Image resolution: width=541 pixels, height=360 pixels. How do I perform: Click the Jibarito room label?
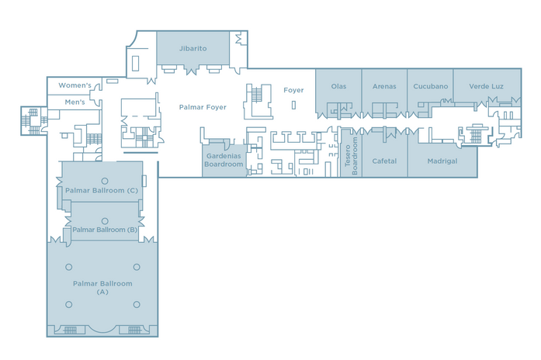coord(192,49)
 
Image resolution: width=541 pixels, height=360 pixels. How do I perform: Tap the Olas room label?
coord(338,86)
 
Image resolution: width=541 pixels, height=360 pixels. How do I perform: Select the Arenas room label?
coord(384,86)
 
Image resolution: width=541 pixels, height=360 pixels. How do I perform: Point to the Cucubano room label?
coord(431,86)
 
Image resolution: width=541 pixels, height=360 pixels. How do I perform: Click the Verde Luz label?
coord(486,86)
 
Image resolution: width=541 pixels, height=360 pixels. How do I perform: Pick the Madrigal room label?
coord(442,161)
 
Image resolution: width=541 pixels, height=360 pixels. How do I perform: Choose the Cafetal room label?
coord(384,161)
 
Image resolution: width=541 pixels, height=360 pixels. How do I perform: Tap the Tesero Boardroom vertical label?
coord(351,156)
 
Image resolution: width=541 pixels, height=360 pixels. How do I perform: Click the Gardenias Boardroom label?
coord(224,160)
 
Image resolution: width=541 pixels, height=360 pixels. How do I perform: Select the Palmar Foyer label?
coord(203,107)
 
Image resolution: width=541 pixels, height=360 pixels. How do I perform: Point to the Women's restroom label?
coord(75,85)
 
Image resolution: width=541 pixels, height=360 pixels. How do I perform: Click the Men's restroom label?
coord(75,102)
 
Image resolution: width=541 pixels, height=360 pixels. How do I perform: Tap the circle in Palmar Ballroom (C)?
coord(105,181)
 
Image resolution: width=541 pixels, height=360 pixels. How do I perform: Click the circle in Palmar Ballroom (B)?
coord(105,220)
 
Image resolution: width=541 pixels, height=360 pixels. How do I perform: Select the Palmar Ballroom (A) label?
coord(102,288)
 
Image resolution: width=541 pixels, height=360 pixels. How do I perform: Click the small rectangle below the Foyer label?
coord(293,105)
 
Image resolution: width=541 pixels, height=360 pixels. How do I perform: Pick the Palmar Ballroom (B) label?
coord(105,230)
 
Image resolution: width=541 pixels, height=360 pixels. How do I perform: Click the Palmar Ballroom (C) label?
coord(102,190)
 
